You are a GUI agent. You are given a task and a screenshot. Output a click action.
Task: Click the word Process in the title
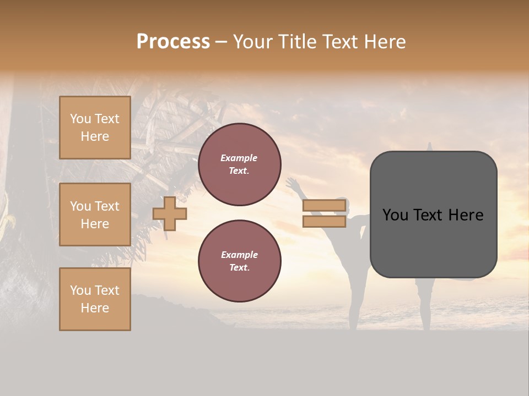173,42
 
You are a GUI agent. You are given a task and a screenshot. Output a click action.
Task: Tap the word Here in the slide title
383,42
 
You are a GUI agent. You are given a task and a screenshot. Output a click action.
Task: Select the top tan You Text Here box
95,128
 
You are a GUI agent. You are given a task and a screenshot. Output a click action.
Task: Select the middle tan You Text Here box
95,215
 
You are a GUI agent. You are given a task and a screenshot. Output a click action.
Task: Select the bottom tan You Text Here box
95,299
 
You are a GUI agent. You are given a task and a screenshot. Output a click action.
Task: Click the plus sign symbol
170,213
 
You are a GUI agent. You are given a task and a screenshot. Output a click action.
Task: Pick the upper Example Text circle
239,164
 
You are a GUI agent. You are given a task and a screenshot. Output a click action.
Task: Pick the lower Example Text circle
239,261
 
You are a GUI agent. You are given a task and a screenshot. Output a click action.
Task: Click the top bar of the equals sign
325,206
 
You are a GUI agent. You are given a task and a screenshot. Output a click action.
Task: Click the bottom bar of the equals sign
325,222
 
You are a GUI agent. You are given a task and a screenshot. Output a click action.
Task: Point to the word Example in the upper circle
239,158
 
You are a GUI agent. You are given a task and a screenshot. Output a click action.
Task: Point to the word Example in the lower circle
239,255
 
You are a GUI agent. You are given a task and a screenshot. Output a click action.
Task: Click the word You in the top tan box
80,119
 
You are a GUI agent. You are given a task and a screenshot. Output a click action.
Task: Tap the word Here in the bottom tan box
95,308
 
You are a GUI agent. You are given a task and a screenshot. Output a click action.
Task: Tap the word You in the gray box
395,215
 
